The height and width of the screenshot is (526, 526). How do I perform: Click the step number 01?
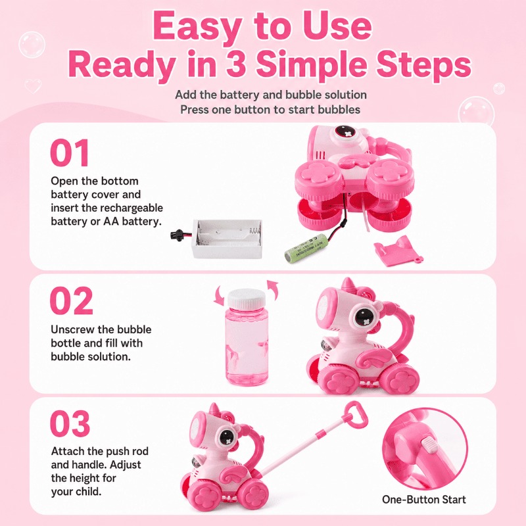(70, 153)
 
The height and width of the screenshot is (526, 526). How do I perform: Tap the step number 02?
(71, 300)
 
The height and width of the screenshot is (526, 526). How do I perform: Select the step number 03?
(70, 423)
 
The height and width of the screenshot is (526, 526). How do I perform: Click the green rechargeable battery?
(305, 249)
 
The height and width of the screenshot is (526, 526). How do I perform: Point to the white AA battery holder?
(227, 239)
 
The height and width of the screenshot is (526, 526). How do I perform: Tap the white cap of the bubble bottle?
(246, 299)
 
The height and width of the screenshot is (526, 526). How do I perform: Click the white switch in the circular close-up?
(429, 446)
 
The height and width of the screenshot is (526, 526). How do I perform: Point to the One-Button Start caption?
(423, 500)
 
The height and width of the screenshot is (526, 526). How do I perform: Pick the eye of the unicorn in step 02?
(364, 316)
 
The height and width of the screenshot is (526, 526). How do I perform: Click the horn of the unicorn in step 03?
(213, 408)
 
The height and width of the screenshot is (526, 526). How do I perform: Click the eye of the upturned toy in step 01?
(344, 132)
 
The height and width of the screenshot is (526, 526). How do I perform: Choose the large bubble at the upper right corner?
(476, 111)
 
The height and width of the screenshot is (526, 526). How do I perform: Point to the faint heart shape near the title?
(33, 86)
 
